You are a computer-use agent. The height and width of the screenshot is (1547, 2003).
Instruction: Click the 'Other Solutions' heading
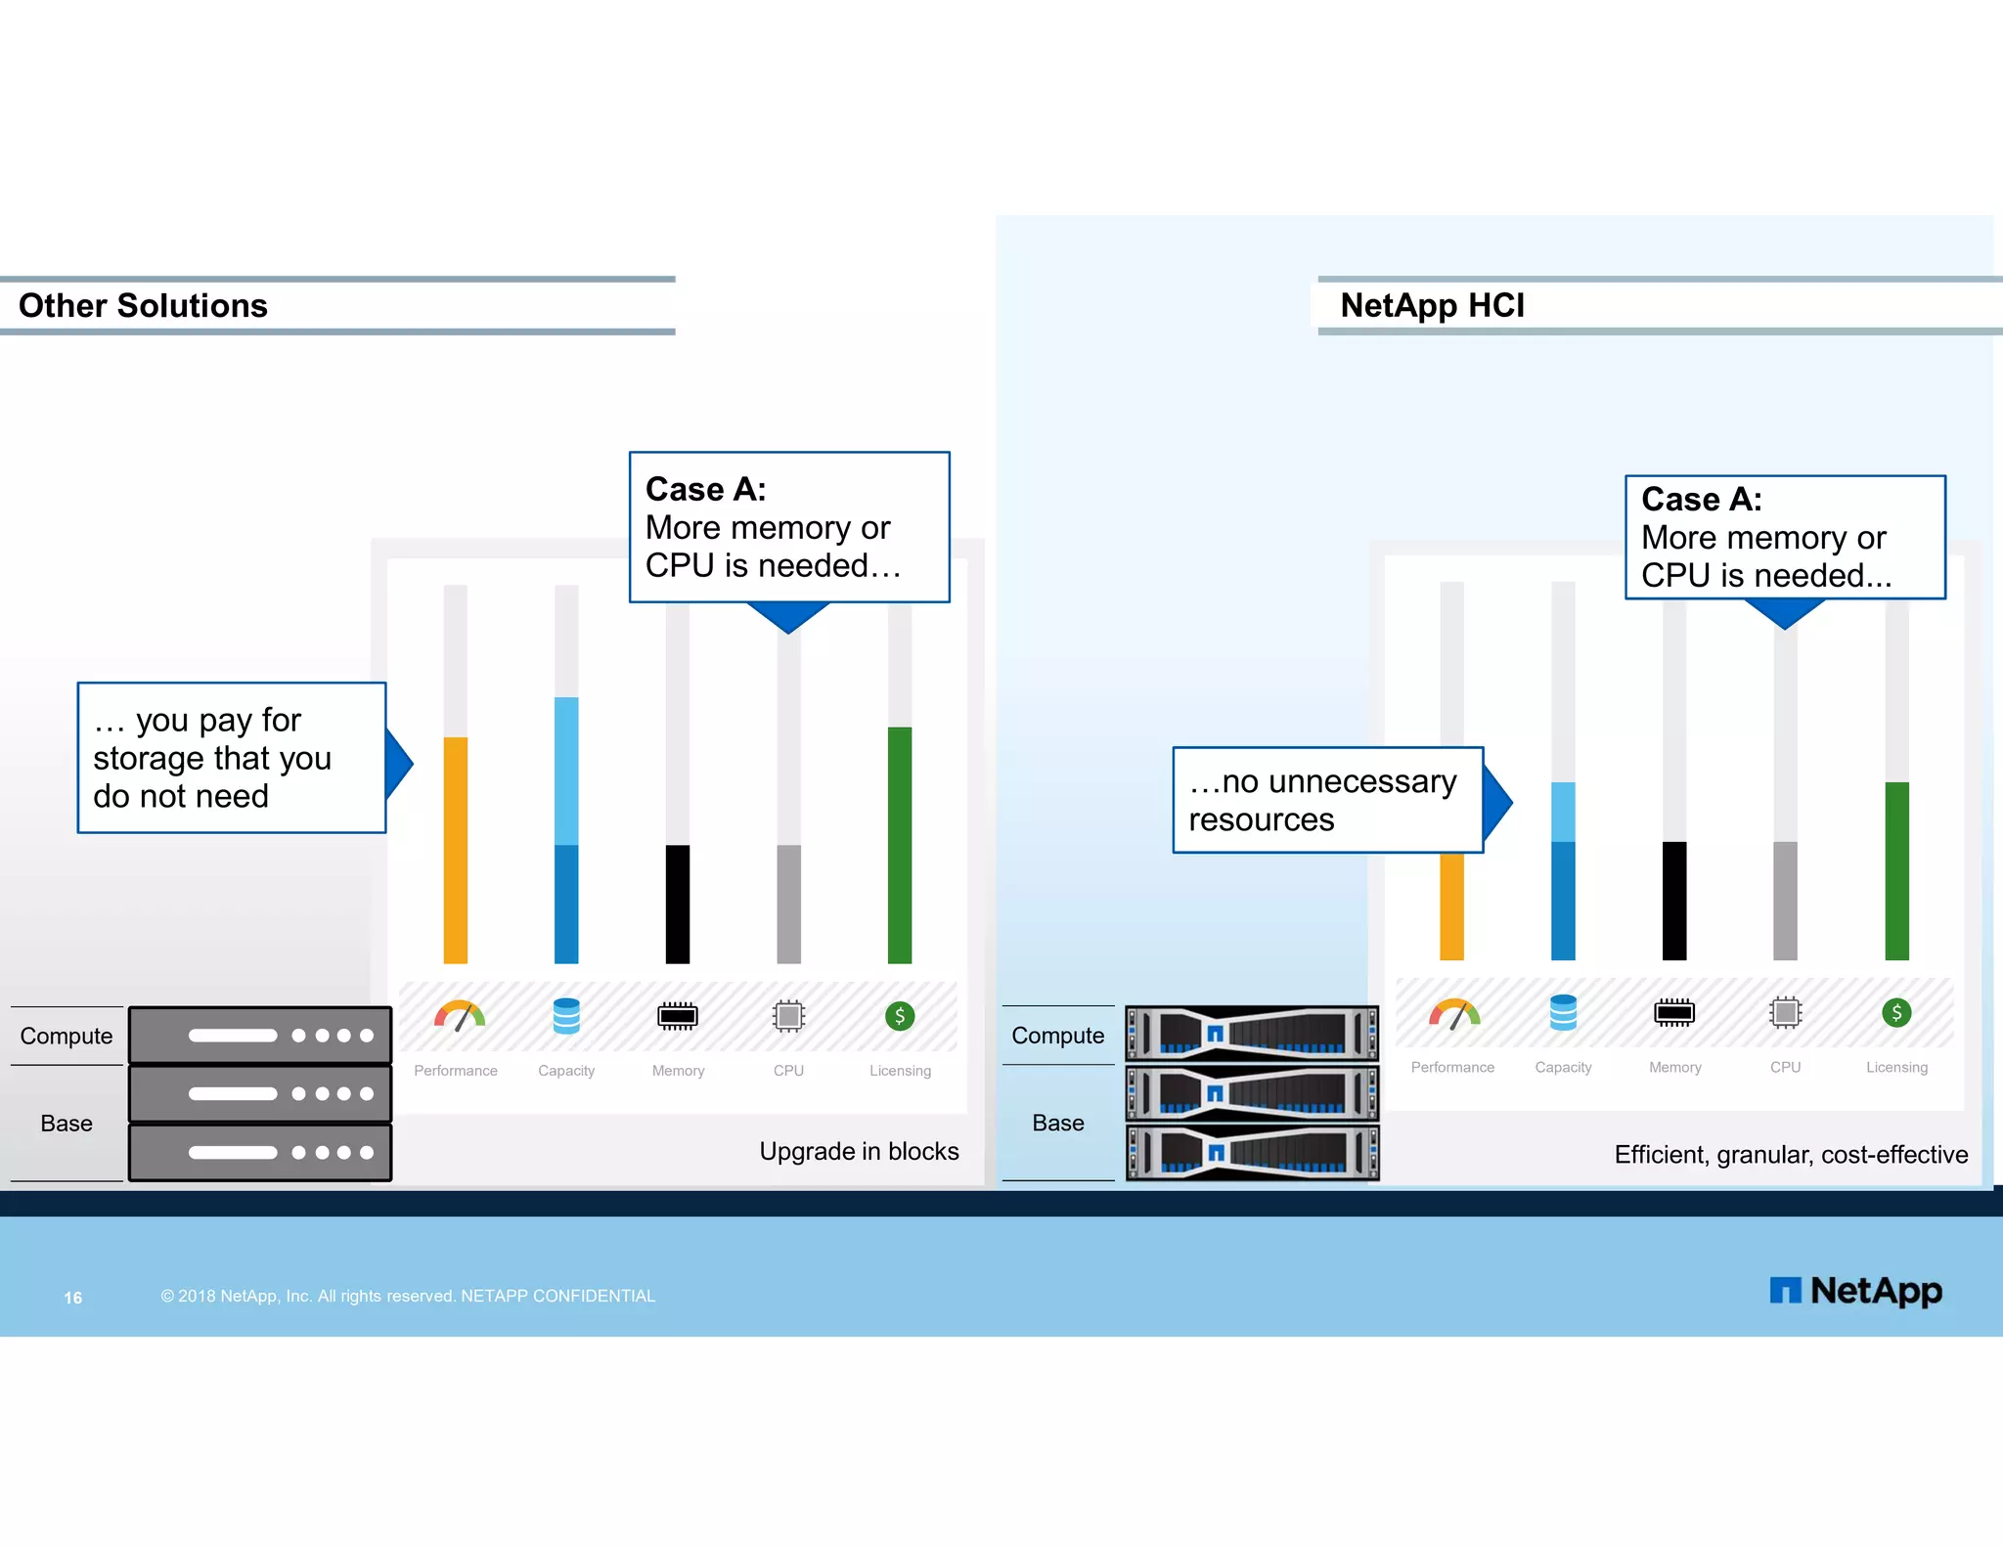click(143, 306)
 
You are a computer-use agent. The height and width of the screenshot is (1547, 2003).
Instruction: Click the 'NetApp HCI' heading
click(1432, 306)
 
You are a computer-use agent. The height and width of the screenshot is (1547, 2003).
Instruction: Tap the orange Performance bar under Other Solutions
click(456, 850)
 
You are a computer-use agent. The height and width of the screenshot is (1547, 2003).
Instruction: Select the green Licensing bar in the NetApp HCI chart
click(1896, 870)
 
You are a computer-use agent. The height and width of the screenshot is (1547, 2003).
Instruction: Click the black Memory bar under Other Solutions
click(678, 904)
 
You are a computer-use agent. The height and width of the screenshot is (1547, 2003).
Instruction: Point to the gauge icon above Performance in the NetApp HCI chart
click(1453, 1014)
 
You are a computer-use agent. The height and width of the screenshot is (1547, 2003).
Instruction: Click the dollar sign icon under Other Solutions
click(900, 1016)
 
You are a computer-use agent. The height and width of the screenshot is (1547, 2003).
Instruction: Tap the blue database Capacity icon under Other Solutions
click(566, 1016)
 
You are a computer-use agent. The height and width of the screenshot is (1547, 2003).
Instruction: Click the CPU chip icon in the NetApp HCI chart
click(1785, 1012)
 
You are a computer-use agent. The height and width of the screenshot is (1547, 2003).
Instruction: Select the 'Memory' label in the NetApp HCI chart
click(1674, 1067)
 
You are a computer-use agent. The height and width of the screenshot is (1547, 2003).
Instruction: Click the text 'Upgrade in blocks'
click(859, 1151)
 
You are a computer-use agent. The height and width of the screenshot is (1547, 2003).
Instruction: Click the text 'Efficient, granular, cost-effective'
click(1790, 1155)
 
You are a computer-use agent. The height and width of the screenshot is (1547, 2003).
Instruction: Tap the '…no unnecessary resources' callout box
click(1327, 800)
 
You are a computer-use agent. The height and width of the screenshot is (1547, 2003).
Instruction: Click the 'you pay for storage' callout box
click(231, 758)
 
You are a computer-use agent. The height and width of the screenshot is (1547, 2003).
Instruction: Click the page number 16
click(73, 1298)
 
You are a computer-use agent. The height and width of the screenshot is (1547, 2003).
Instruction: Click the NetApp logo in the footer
click(1855, 1291)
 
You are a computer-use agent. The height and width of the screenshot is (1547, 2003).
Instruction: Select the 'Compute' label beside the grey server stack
click(67, 1036)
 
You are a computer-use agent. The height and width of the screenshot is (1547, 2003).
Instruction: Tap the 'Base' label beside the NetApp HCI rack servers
click(1058, 1123)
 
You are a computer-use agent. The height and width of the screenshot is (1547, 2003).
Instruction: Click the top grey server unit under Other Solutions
click(260, 1035)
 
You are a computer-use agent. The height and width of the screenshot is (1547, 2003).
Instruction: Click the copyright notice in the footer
click(408, 1296)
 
